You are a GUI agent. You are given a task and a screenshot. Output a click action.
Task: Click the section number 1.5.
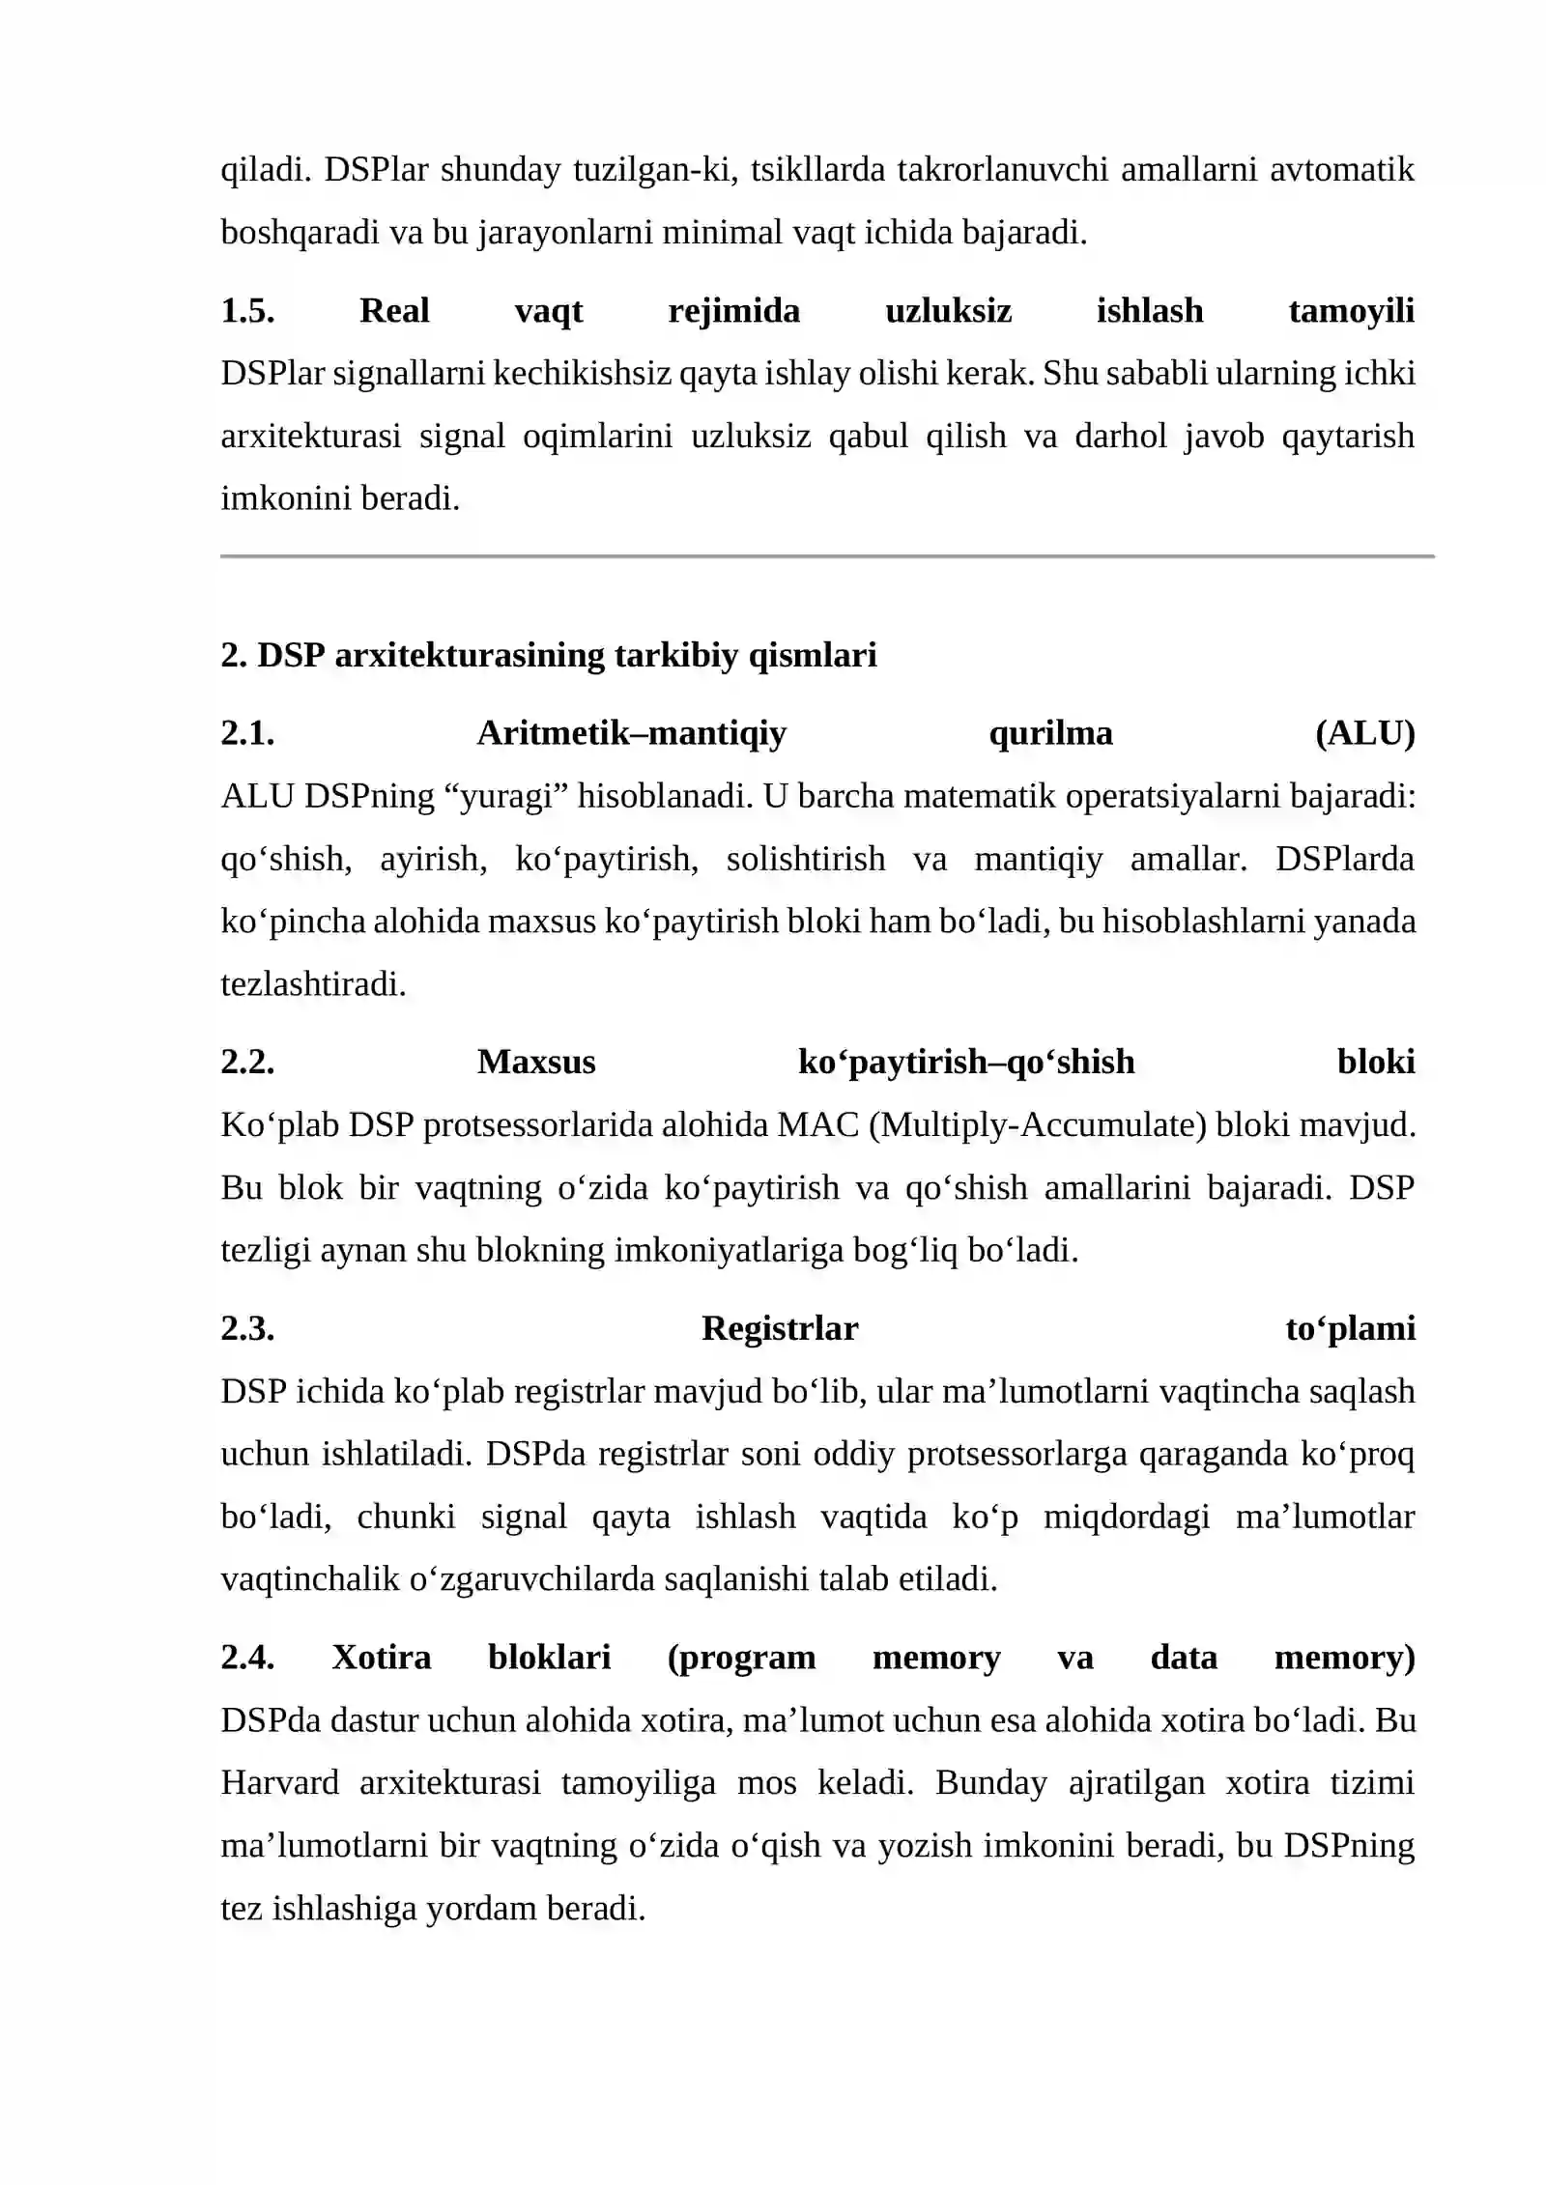click(247, 311)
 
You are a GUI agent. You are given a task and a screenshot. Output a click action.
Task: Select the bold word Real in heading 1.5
click(394, 311)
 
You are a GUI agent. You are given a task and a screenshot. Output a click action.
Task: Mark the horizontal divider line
click(827, 556)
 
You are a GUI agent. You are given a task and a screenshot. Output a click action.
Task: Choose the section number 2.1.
click(247, 733)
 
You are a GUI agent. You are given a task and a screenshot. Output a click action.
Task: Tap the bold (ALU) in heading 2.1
click(1364, 733)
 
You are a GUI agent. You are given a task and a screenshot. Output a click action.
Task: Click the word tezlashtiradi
click(313, 984)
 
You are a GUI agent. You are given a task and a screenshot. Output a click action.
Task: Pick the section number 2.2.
click(247, 1062)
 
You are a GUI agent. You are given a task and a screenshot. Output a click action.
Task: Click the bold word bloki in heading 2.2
click(1376, 1062)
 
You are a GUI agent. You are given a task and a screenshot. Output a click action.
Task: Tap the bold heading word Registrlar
click(780, 1328)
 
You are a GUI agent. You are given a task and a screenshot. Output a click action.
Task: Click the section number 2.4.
click(247, 1657)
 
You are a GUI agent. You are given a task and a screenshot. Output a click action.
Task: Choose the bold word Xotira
click(382, 1657)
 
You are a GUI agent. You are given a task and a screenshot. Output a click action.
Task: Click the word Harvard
click(280, 1782)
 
